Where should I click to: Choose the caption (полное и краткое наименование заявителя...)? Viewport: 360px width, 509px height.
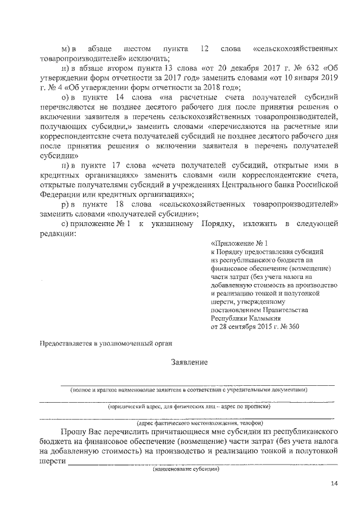[189, 390]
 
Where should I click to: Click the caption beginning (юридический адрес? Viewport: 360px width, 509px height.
[189, 406]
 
